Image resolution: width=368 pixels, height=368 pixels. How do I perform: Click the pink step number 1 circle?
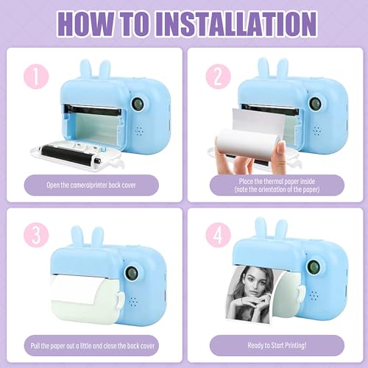coord(36,77)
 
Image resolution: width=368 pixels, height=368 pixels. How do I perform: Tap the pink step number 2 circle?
coord(218,77)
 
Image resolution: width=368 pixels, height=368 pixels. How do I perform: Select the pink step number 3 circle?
coord(36,235)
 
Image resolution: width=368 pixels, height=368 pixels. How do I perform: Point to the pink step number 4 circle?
coord(218,235)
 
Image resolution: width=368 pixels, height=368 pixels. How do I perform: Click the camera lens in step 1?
coord(138,103)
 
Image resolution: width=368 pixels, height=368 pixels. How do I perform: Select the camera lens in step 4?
coord(314,267)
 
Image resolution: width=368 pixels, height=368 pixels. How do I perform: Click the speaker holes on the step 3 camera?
coord(133,302)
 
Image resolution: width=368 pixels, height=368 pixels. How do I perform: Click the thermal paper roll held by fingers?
coord(248,142)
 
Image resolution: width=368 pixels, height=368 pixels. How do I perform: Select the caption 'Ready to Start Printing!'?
coord(277,345)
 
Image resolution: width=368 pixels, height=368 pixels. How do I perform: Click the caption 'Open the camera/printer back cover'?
coord(91,185)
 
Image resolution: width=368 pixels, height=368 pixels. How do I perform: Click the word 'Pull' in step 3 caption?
coord(35,346)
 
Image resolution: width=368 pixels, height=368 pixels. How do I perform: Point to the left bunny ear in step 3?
coord(77,236)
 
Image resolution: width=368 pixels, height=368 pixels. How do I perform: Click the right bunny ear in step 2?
coord(283,68)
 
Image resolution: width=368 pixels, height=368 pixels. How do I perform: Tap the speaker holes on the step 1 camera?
coord(139,131)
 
